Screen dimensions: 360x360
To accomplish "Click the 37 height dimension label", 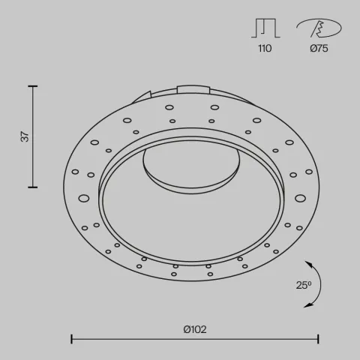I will (25, 137).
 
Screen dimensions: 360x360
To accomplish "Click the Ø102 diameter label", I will (195, 328).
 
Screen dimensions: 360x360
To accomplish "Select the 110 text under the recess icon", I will (264, 49).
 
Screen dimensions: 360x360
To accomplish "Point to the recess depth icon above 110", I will (264, 28).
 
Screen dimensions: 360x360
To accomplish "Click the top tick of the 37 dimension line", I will (34, 87).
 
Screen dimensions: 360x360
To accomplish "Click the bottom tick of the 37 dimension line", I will (34, 187).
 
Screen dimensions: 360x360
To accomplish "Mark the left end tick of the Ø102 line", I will (71, 340).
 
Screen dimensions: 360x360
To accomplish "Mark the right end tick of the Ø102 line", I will (319, 340).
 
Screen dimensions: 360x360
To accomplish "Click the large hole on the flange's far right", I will (300, 198).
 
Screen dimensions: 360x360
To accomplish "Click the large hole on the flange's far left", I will (84, 199).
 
